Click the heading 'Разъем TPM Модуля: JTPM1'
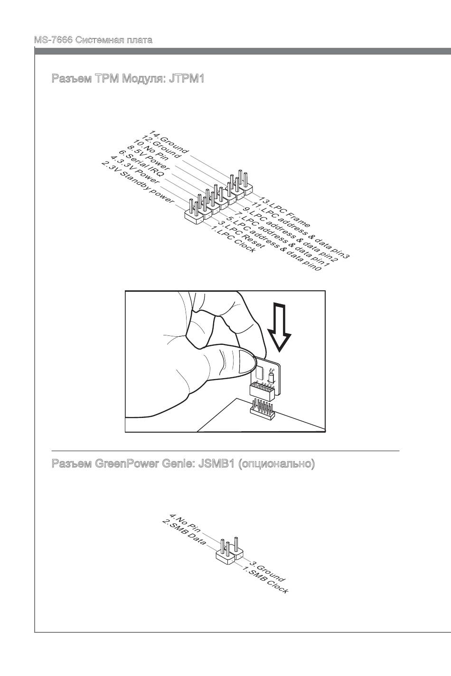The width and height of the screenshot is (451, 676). pyautogui.click(x=128, y=78)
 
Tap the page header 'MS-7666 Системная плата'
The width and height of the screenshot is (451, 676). pyautogui.click(x=93, y=40)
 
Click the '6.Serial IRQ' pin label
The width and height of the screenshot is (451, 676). pyautogui.click(x=141, y=164)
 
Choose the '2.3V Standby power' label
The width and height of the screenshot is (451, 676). pyautogui.click(x=138, y=182)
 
